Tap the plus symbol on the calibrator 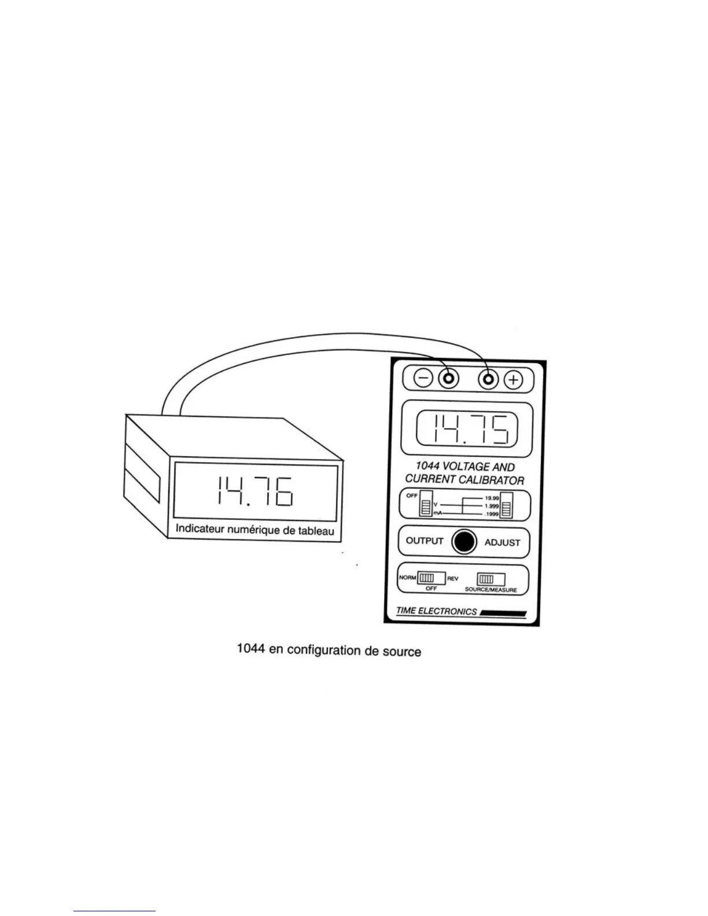coord(513,380)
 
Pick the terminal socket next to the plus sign coord(489,379)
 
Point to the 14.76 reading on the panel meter coord(255,492)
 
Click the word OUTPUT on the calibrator coord(425,541)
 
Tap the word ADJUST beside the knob coord(502,542)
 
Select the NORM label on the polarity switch coord(407,578)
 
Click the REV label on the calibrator coord(453,578)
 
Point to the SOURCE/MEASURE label coord(491,590)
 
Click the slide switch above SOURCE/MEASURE coord(491,579)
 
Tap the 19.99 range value coord(492,497)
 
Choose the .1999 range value coord(492,514)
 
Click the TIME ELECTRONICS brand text coord(437,611)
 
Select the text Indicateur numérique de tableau coord(255,529)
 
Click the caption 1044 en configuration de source coord(329,650)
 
